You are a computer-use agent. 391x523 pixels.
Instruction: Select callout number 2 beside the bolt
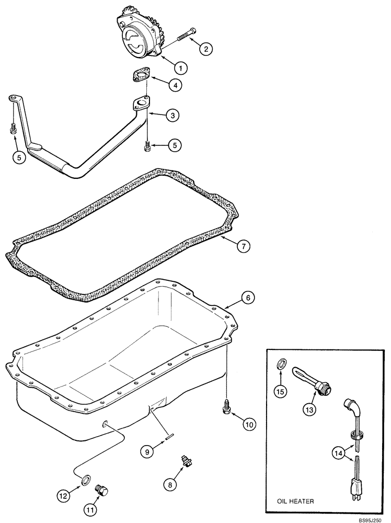(x=206, y=49)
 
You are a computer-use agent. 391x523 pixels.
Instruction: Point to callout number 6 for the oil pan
(x=248, y=298)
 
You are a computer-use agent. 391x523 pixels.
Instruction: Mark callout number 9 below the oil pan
(x=147, y=450)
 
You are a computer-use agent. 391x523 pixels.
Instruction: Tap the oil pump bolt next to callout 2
(x=186, y=36)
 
